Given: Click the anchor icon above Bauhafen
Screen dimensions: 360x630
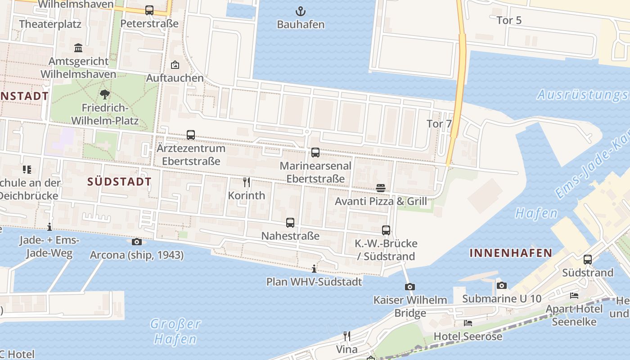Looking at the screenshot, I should pos(300,11).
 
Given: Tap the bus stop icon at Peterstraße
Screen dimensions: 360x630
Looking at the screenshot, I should pos(149,10).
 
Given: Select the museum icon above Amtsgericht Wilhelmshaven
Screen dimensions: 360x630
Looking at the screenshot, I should pos(78,48).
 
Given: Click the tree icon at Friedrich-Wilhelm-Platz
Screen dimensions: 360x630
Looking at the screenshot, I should pos(105,94).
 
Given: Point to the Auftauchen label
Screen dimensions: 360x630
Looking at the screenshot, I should pos(175,78).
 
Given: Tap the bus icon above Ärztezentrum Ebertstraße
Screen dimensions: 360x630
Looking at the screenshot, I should pos(191,135).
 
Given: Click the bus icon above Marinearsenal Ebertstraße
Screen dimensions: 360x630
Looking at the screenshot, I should pos(315,153).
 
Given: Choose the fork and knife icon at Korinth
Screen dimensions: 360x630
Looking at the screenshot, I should pos(246,182).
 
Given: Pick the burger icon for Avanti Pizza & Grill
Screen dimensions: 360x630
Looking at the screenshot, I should pos(381,188).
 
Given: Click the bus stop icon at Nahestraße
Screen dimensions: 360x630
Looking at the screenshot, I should pos(290,223).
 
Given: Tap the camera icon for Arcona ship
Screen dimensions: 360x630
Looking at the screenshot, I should pos(137,242).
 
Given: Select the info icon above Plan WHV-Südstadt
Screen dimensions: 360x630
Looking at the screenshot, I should pos(314,269).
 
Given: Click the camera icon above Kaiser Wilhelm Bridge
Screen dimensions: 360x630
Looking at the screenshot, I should pos(409,287).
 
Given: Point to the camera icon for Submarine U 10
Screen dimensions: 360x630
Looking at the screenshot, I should pos(502,285).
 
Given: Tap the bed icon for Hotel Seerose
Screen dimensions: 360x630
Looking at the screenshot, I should pos(468,323).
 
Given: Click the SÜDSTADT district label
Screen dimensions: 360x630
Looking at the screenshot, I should pos(119,182).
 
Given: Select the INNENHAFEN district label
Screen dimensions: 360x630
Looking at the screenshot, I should pos(511,253).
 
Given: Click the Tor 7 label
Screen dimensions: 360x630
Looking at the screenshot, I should pos(439,124).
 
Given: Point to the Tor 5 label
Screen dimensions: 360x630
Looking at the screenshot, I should pos(509,20).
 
